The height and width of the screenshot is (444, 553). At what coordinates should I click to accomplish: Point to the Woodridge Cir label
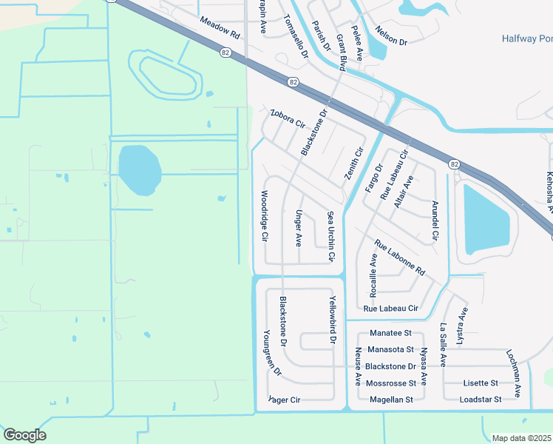pos(264,216)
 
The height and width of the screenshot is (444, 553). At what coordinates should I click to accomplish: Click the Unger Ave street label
pos(299,228)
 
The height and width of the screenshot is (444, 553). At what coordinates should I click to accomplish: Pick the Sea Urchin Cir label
pos(331,236)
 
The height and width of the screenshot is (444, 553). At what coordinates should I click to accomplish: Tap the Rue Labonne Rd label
pos(399,258)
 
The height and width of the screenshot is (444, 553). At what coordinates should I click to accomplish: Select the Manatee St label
pos(390,334)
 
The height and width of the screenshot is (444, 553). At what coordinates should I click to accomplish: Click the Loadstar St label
pos(481,400)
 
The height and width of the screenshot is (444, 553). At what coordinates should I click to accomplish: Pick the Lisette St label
pos(481,383)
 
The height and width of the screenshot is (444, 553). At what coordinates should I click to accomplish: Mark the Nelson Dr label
pos(392,41)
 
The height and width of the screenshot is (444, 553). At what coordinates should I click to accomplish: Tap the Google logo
pos(24,435)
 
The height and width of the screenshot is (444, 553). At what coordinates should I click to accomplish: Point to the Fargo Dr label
pos(373,178)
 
